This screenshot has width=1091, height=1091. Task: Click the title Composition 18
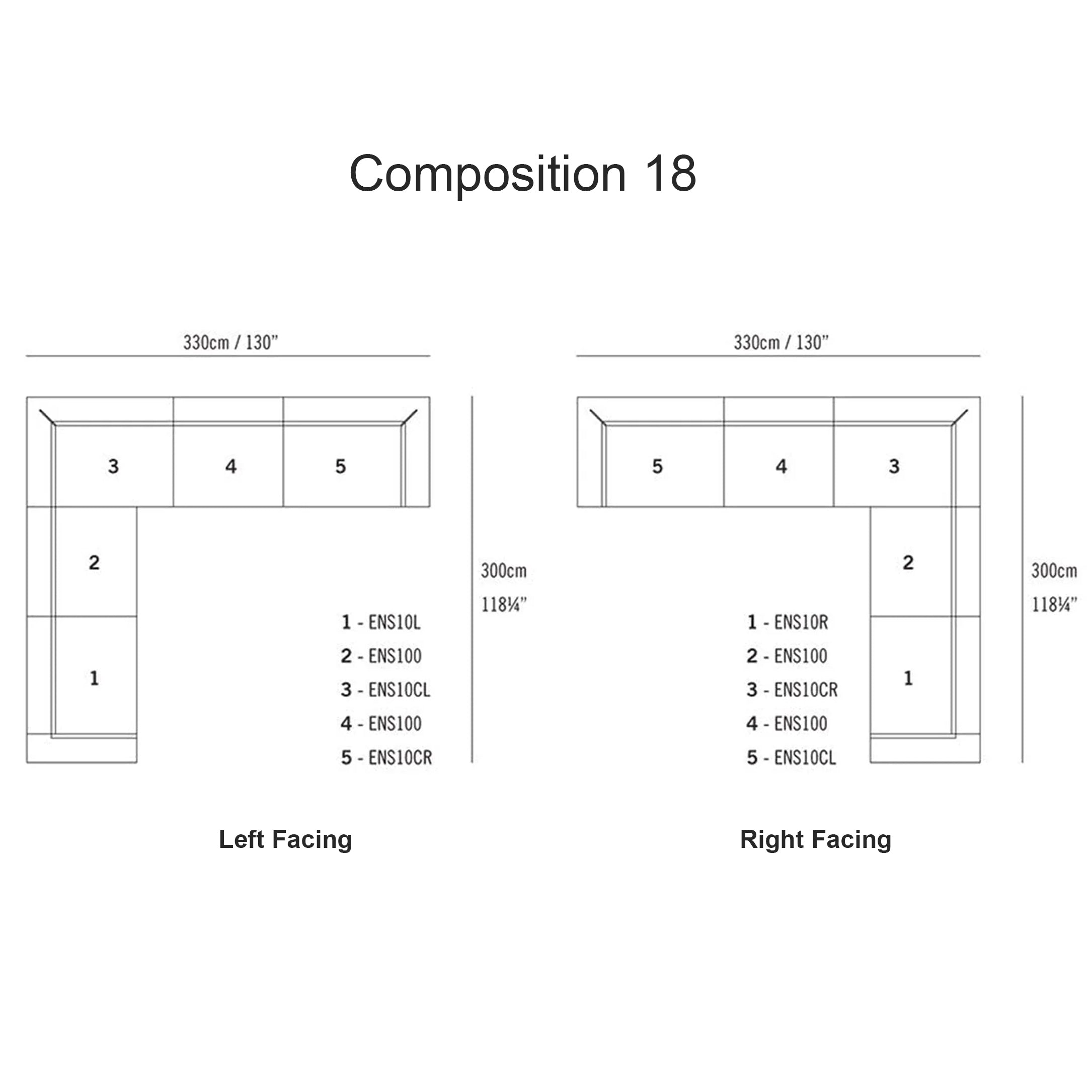pos(522,174)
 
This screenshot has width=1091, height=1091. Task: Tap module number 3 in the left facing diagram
pos(114,466)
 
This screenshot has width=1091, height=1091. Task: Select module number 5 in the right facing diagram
pos(657,466)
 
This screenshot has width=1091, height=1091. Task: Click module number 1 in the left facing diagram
pos(94,678)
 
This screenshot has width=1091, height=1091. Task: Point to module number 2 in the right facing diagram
pos(908,563)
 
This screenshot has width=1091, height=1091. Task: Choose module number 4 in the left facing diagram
pos(230,466)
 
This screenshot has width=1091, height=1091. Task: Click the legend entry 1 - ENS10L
pos(381,622)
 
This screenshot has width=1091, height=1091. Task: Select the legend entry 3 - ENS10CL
pos(385,690)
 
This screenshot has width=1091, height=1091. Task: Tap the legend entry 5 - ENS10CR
pos(387,758)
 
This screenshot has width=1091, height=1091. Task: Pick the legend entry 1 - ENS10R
pos(788,622)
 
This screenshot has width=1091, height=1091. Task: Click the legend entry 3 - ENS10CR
pos(792,690)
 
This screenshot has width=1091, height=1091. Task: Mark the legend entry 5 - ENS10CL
pos(791,758)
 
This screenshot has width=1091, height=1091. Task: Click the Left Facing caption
pos(285,840)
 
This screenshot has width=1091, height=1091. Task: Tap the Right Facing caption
pos(815,840)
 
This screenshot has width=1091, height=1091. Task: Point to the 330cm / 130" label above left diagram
pos(230,342)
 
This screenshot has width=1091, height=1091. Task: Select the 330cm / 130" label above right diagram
pos(781,342)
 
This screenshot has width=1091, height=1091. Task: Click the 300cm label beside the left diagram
pos(504,571)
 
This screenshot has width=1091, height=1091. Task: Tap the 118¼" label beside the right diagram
pos(1054,605)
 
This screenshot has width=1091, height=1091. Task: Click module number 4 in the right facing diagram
pos(781,466)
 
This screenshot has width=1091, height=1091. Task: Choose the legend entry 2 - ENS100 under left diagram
pos(381,656)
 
